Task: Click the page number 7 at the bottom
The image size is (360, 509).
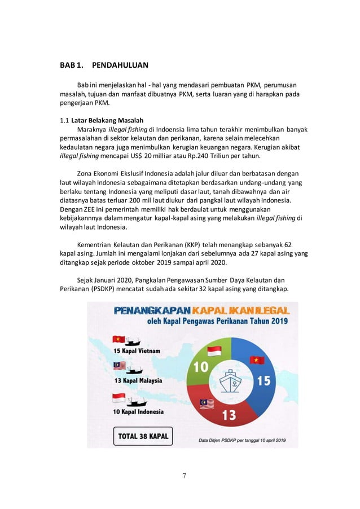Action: [x=183, y=476]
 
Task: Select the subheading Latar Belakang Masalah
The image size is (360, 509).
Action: [x=107, y=120]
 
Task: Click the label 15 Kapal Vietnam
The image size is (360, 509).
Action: [x=137, y=350]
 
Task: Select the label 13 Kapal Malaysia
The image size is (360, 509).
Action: [x=139, y=381]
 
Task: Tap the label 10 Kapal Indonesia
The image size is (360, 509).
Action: [x=139, y=411]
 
